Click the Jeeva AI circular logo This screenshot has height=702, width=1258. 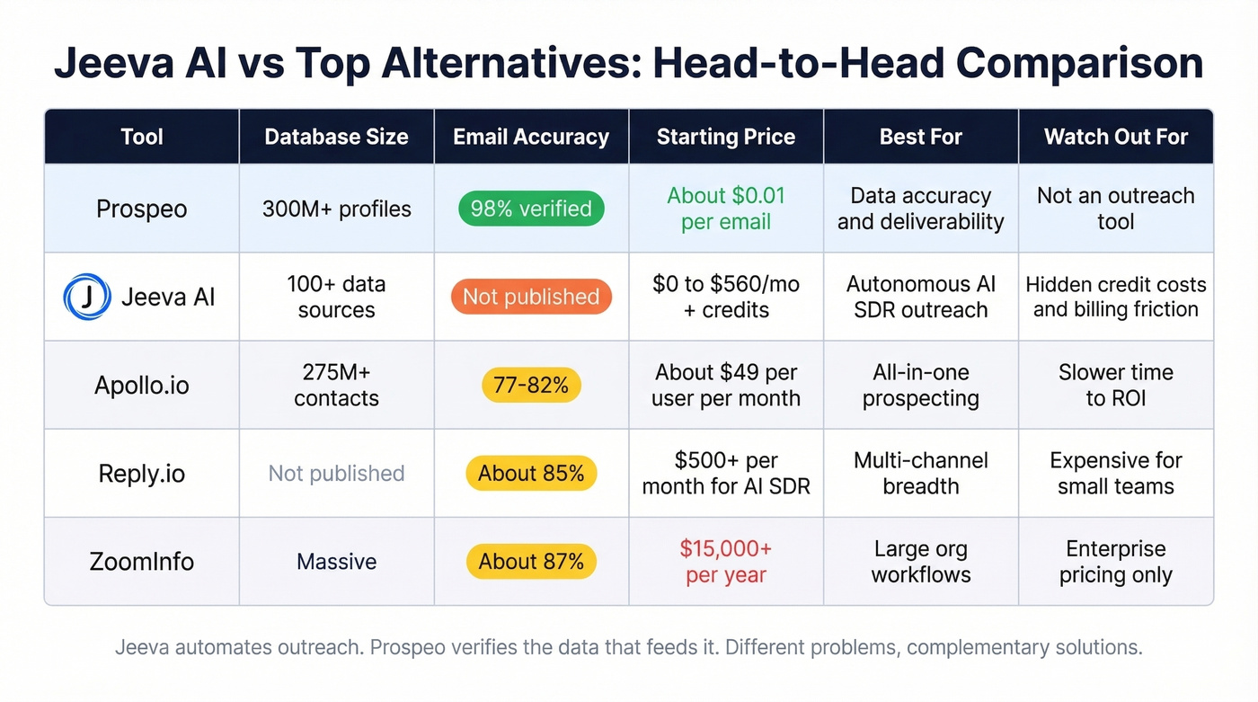[x=87, y=298]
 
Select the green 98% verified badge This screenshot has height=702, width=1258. [x=531, y=209]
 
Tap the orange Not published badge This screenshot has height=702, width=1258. [x=531, y=297]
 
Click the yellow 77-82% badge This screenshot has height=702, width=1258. [x=531, y=385]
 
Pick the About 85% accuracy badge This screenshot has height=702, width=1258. [x=531, y=473]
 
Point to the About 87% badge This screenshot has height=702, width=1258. [x=531, y=562]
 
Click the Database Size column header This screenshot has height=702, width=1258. [x=336, y=137]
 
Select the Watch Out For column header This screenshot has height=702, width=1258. [x=1115, y=137]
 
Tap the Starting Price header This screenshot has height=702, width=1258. [x=726, y=137]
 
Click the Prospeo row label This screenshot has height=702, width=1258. [x=142, y=209]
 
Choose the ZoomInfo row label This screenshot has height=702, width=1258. [x=142, y=562]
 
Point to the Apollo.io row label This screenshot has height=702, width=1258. [x=142, y=385]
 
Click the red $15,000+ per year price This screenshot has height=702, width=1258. [x=726, y=562]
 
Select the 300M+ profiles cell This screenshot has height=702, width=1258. [x=336, y=209]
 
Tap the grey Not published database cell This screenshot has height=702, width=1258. [x=336, y=473]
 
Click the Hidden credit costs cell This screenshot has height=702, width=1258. [x=1115, y=297]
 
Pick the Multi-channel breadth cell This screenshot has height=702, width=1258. [x=920, y=473]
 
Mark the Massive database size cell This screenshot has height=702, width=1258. [x=336, y=562]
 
